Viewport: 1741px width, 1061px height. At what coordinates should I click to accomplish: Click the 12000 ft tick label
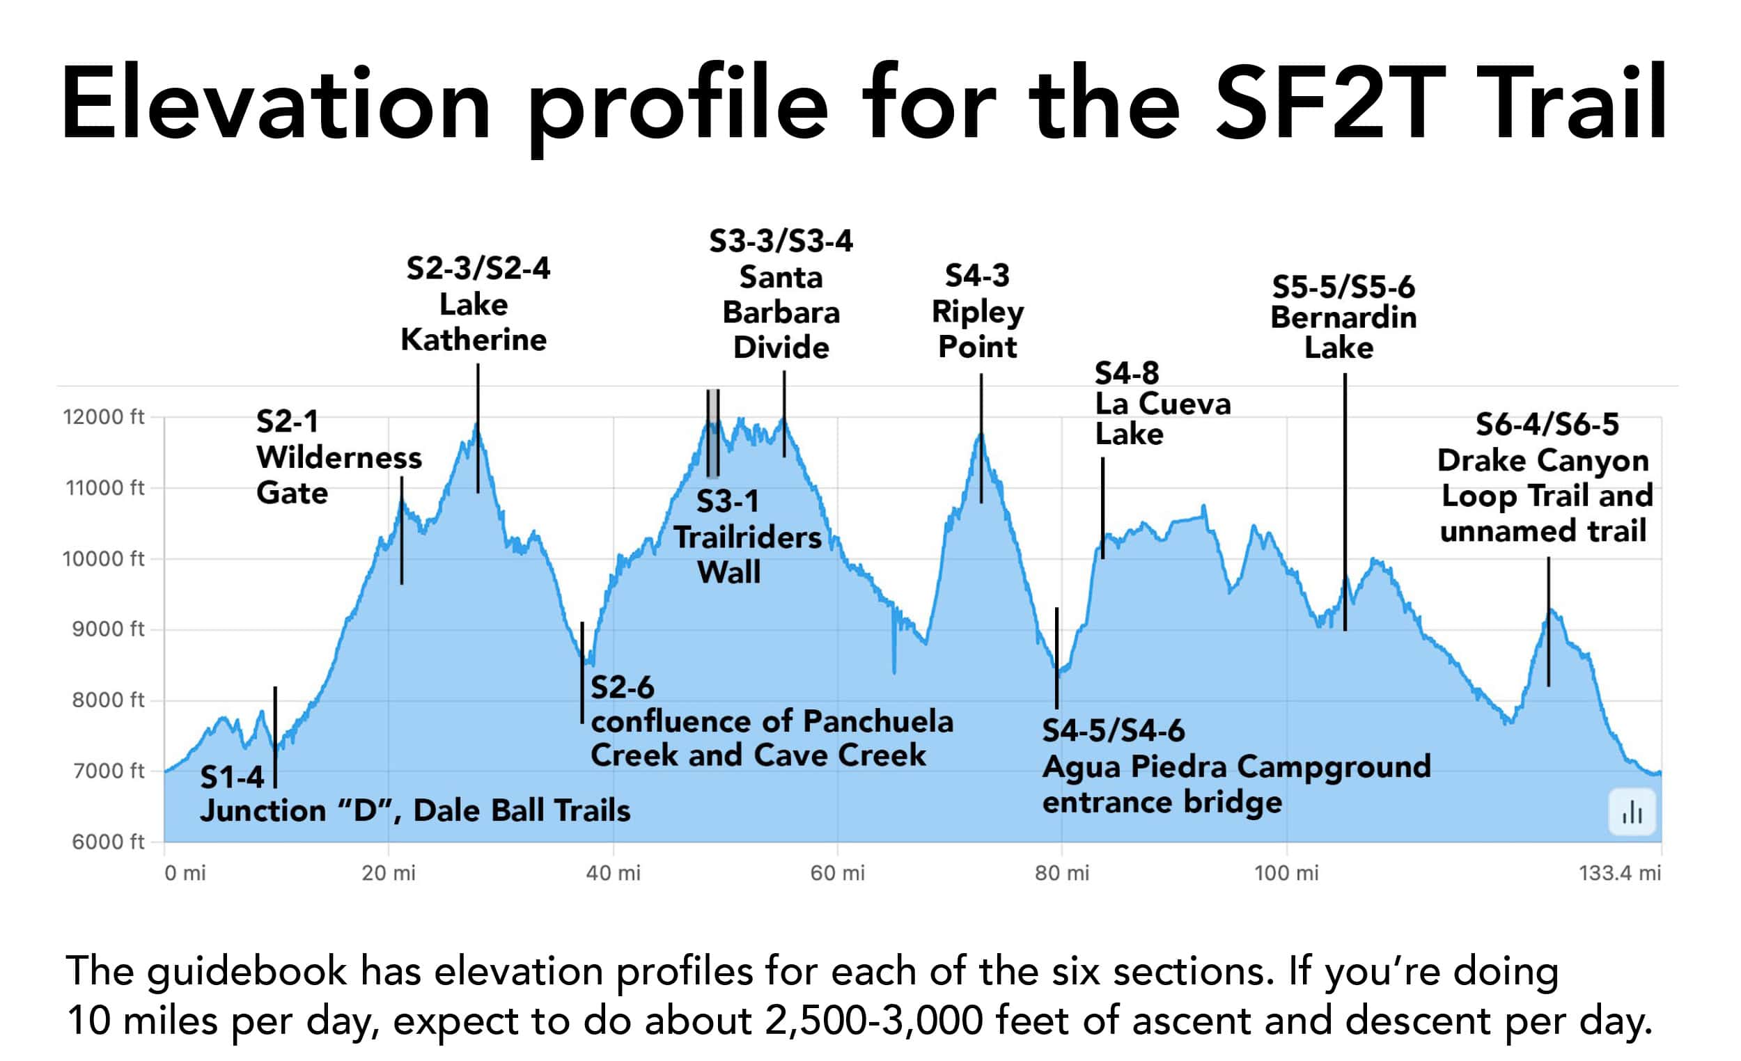pos(103,417)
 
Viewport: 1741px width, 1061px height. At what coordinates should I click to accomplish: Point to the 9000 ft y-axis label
pos(107,629)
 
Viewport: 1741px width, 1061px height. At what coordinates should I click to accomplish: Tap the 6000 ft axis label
pos(107,841)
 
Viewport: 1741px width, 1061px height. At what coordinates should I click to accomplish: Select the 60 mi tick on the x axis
pos(837,873)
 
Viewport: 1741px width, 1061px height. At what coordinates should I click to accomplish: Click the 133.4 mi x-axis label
pos(1619,873)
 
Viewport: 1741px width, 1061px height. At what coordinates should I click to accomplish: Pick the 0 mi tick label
pos(185,873)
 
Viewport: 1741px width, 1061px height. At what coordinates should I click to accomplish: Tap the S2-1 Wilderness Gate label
pos(338,457)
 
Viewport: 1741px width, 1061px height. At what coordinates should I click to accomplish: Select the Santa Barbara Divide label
pos(781,312)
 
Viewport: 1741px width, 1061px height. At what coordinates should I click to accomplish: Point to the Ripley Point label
pos(977,311)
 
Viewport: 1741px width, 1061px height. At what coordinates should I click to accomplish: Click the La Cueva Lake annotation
pos(1162,404)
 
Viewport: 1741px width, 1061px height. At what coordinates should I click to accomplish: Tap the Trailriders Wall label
pos(746,537)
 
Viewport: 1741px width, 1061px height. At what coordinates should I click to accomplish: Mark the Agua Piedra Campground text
pos(1237,767)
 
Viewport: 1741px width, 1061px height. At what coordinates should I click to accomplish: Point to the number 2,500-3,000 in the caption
pos(873,1021)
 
